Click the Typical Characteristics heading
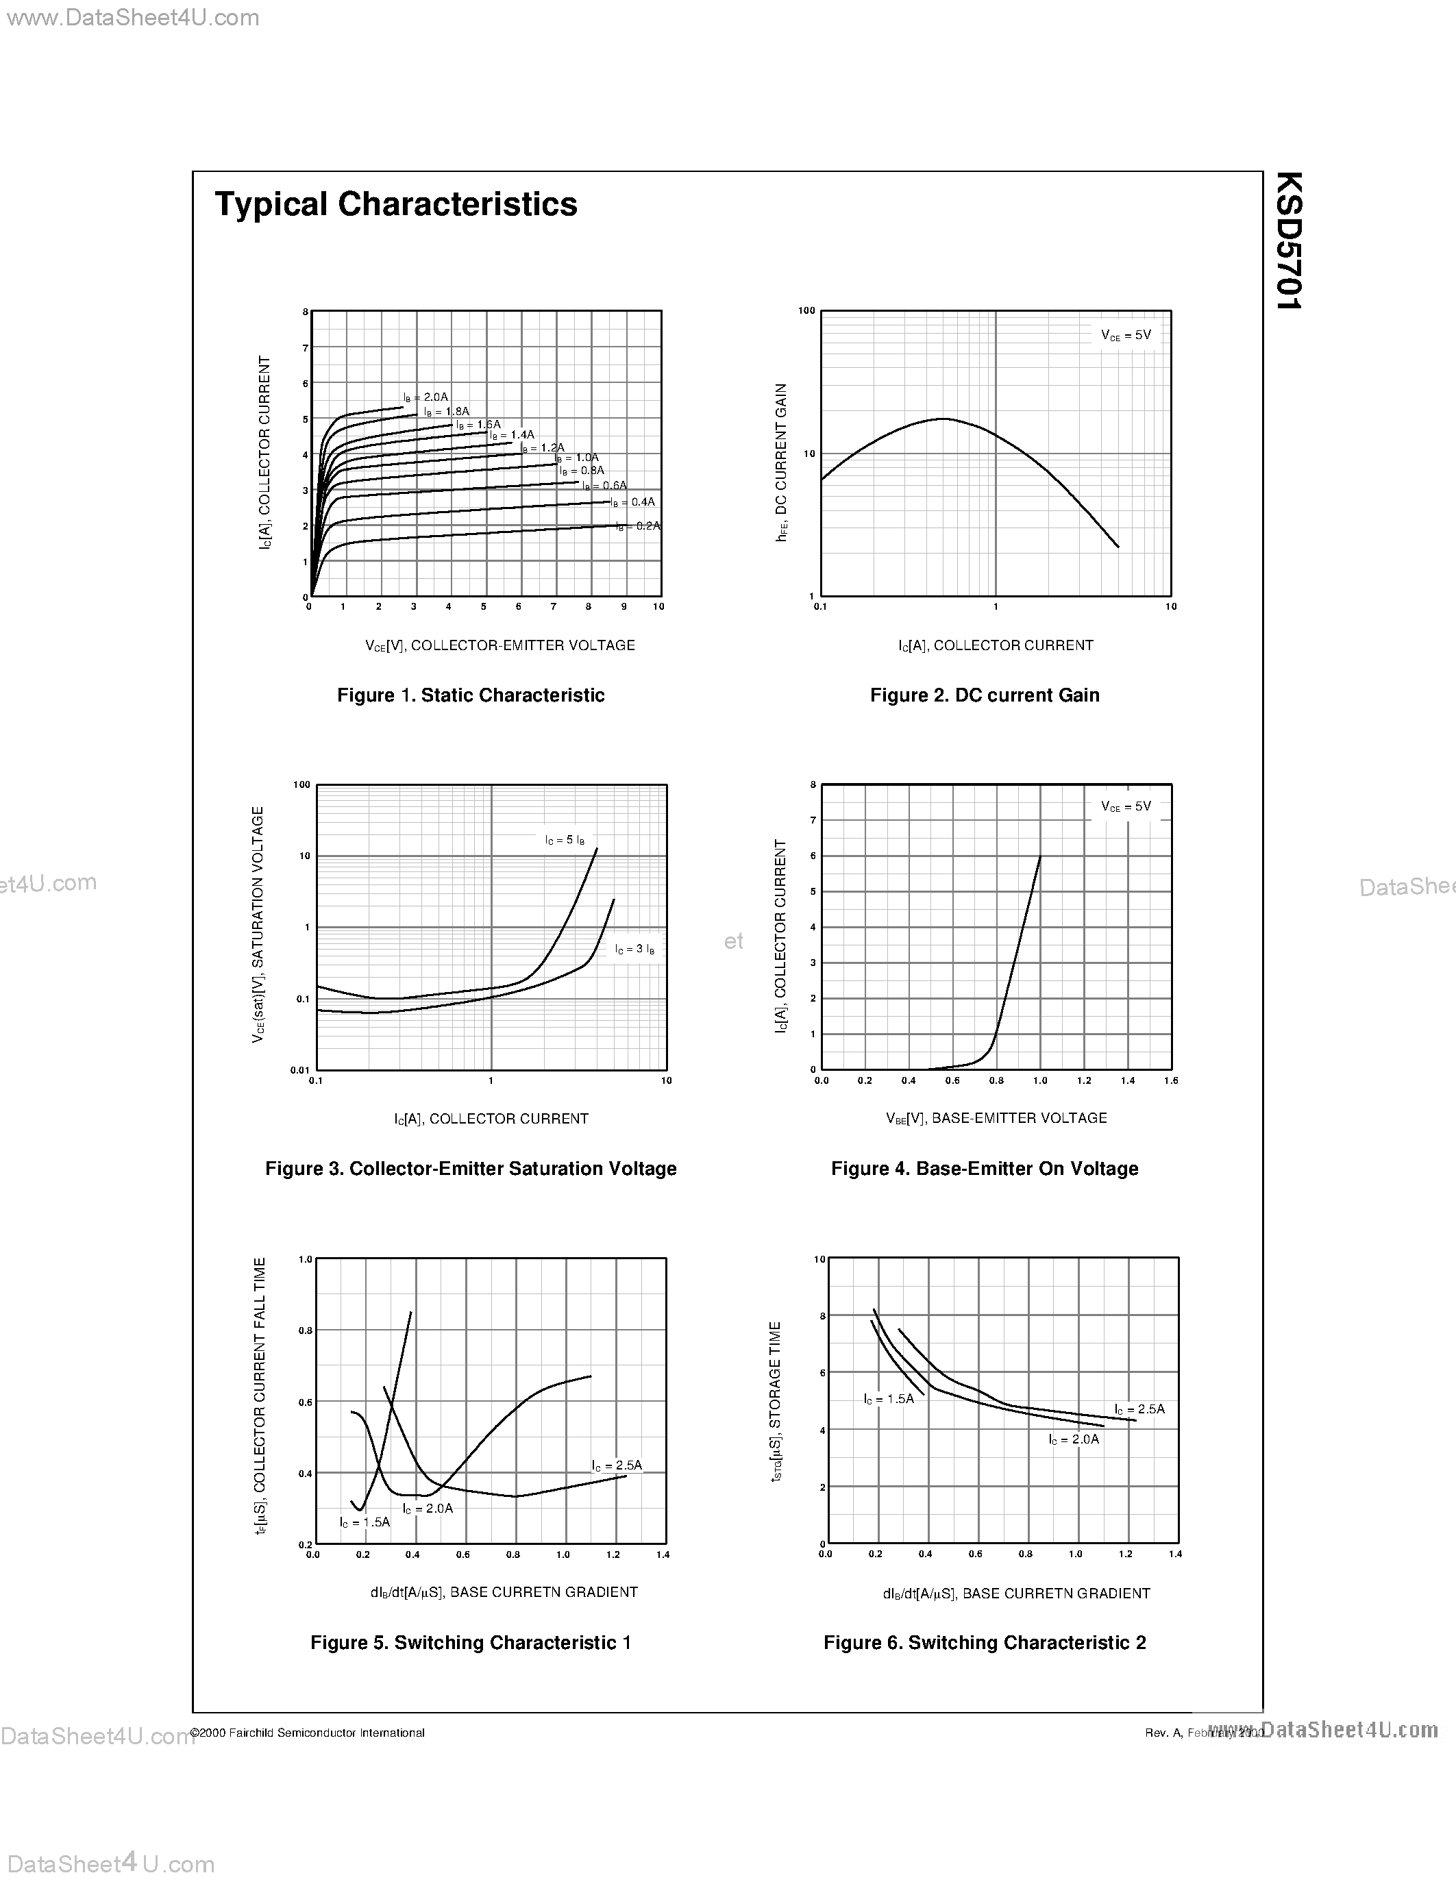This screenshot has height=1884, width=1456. (x=396, y=204)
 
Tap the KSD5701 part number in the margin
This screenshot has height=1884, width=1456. (x=1288, y=240)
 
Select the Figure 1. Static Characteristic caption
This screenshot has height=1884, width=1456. (x=470, y=695)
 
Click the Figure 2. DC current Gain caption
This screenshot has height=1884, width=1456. (x=984, y=695)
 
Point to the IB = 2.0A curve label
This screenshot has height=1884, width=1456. (x=425, y=397)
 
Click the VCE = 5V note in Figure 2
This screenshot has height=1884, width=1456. (x=1126, y=335)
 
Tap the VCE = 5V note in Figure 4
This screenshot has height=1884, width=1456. (x=1126, y=806)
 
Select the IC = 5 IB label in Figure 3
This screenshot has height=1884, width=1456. (x=565, y=839)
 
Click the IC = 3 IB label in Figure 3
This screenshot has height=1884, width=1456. (x=635, y=949)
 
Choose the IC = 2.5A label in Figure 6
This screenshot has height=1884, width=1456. (x=1139, y=1409)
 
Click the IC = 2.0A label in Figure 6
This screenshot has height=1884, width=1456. (x=1074, y=1439)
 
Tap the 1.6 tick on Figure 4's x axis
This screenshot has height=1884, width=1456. (x=1170, y=1080)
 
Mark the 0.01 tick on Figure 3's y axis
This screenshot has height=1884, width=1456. (x=300, y=1069)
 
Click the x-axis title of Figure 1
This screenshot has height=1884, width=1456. (x=500, y=645)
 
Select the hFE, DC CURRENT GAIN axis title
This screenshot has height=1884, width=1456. (x=782, y=462)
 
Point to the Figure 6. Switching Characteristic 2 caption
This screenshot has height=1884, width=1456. (x=984, y=1642)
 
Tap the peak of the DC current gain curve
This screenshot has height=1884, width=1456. (x=943, y=419)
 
